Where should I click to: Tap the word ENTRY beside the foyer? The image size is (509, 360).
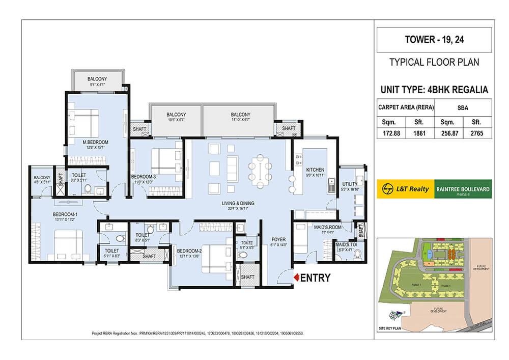click(x=316, y=278)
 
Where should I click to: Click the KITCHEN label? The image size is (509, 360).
click(x=315, y=170)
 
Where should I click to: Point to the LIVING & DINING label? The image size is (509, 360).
click(x=238, y=203)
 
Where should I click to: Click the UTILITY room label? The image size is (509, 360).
click(x=350, y=184)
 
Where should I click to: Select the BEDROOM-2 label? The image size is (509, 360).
click(x=190, y=251)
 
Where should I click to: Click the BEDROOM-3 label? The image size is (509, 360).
click(x=143, y=177)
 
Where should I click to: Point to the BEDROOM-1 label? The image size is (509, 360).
click(x=65, y=214)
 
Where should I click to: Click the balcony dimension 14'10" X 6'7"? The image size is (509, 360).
click(x=240, y=121)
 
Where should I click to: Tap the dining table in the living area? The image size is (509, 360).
click(x=260, y=170)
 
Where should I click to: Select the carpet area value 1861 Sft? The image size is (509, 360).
click(x=418, y=133)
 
